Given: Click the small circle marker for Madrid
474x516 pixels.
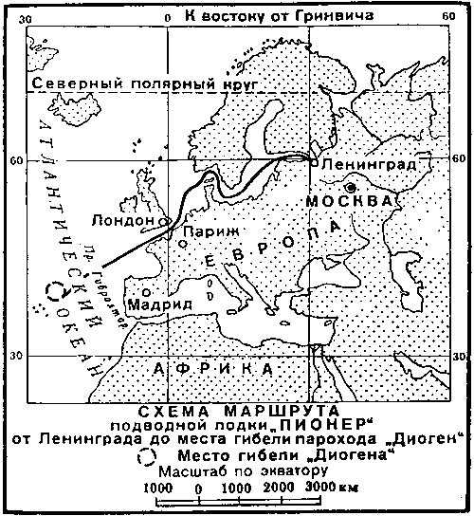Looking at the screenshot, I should coord(145,292).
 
